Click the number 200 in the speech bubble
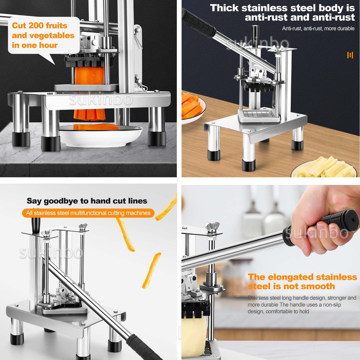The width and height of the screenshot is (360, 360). click(36, 25)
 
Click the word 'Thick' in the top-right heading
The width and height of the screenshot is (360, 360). click(224, 8)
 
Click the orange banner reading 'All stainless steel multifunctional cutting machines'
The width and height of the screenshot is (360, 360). click(88, 213)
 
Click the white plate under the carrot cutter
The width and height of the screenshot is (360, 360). click(101, 136)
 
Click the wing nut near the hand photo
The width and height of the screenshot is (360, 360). click(213, 228)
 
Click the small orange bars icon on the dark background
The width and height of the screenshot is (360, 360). click(350, 55)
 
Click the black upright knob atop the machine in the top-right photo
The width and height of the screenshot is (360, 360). click(255, 34)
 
